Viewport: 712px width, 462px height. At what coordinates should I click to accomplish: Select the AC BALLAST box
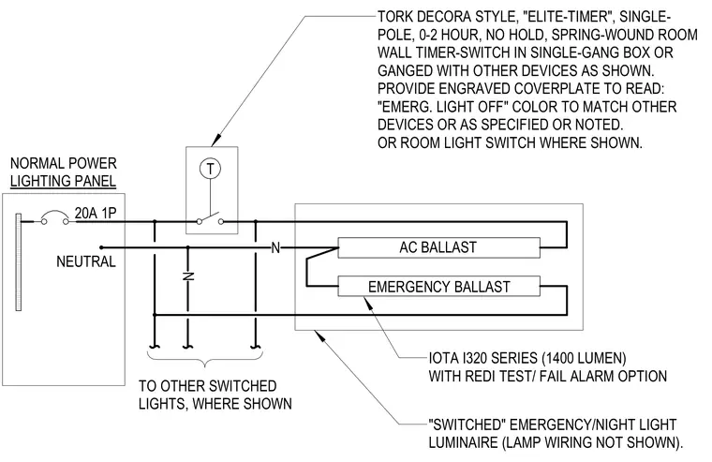[438, 247]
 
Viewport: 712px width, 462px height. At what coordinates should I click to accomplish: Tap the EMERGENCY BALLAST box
[438, 287]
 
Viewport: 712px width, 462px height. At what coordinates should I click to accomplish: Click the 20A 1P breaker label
[96, 213]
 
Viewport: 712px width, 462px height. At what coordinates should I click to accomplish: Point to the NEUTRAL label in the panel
[86, 261]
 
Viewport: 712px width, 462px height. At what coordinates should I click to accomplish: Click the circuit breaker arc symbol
[54, 216]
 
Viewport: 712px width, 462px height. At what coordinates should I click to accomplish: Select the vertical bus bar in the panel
[18, 262]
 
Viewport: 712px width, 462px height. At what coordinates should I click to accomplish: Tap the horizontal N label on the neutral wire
[275, 248]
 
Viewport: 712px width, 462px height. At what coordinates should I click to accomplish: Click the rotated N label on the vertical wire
[188, 276]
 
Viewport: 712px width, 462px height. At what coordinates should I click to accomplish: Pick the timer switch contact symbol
[210, 219]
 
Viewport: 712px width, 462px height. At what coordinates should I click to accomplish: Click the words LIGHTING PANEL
[63, 181]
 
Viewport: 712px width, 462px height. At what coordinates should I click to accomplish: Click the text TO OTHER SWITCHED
[208, 386]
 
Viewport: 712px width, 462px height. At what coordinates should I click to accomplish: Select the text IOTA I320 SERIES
[483, 358]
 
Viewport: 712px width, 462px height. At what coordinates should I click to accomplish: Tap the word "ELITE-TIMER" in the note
[568, 17]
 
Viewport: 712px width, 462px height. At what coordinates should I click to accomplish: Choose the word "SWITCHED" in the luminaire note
[467, 425]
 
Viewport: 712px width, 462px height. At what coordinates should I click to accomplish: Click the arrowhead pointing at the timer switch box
[216, 140]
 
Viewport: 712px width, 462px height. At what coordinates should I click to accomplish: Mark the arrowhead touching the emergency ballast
[368, 302]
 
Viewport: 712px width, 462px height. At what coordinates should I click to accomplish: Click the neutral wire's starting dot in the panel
[101, 247]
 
